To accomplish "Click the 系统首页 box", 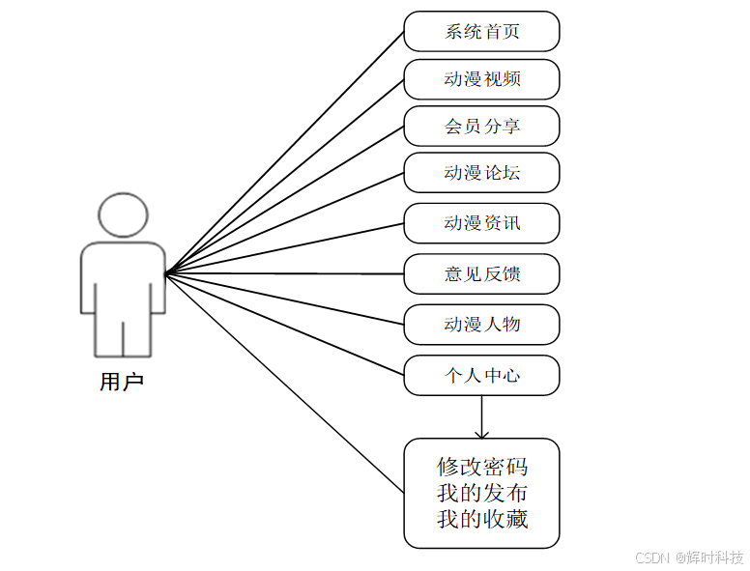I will pos(481,31).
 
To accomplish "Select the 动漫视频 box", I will pos(481,78).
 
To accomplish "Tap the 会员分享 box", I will pos(481,126).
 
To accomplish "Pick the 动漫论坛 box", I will pos(481,173).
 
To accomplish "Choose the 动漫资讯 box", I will pos(481,223).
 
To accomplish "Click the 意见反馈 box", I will pos(481,273).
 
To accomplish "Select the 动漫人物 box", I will pos(481,324).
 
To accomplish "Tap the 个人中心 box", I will pos(481,375).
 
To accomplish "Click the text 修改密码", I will pos(482,467).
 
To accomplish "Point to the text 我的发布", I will pos(482,493).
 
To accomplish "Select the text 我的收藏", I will pos(482,519).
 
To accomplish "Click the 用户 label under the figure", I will pos(122,383).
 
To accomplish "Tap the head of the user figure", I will pos(123,215).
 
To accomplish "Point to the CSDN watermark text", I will pos(652,558).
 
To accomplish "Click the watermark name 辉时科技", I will pos(716,558).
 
